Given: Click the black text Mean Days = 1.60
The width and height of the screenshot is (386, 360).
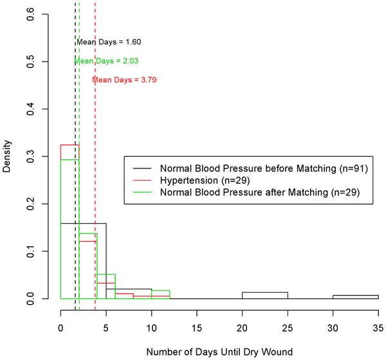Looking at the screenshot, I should point(108,42).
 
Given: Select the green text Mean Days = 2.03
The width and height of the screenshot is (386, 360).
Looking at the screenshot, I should point(107,61).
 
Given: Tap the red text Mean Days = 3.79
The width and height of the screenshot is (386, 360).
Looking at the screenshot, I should point(124,80).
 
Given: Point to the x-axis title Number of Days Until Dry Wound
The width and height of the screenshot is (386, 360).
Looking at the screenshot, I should point(219,352).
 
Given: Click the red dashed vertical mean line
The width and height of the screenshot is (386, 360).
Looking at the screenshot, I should point(95,193).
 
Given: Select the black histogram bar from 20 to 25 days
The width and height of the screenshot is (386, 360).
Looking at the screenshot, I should point(264,296).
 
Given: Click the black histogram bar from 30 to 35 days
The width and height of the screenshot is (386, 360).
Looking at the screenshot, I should point(355,297).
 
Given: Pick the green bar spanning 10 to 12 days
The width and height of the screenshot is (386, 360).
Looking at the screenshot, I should point(160,295).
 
